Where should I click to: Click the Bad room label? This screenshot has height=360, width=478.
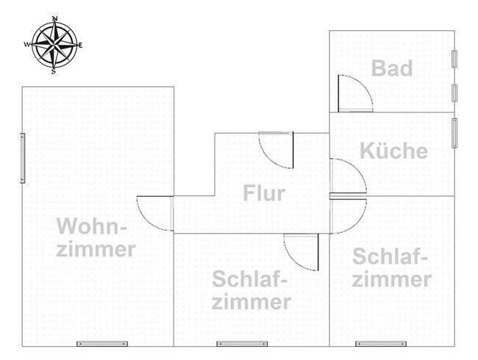[391, 68]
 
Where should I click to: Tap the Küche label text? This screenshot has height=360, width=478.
[393, 151]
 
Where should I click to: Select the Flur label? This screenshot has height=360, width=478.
[263, 194]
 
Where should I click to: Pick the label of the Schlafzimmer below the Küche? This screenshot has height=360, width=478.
[391, 267]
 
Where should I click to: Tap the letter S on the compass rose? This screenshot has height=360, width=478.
[54, 72]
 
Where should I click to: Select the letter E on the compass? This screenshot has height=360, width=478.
[81, 46]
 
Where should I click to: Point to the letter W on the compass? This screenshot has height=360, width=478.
[27, 45]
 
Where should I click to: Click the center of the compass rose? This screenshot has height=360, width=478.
[54, 44]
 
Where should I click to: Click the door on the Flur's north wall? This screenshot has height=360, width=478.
[277, 148]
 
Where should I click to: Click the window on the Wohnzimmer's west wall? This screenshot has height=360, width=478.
[23, 158]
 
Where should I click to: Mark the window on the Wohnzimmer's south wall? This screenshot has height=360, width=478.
[102, 344]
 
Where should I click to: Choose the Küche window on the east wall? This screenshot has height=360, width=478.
[455, 133]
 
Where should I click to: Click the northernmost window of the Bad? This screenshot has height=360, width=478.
[455, 60]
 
